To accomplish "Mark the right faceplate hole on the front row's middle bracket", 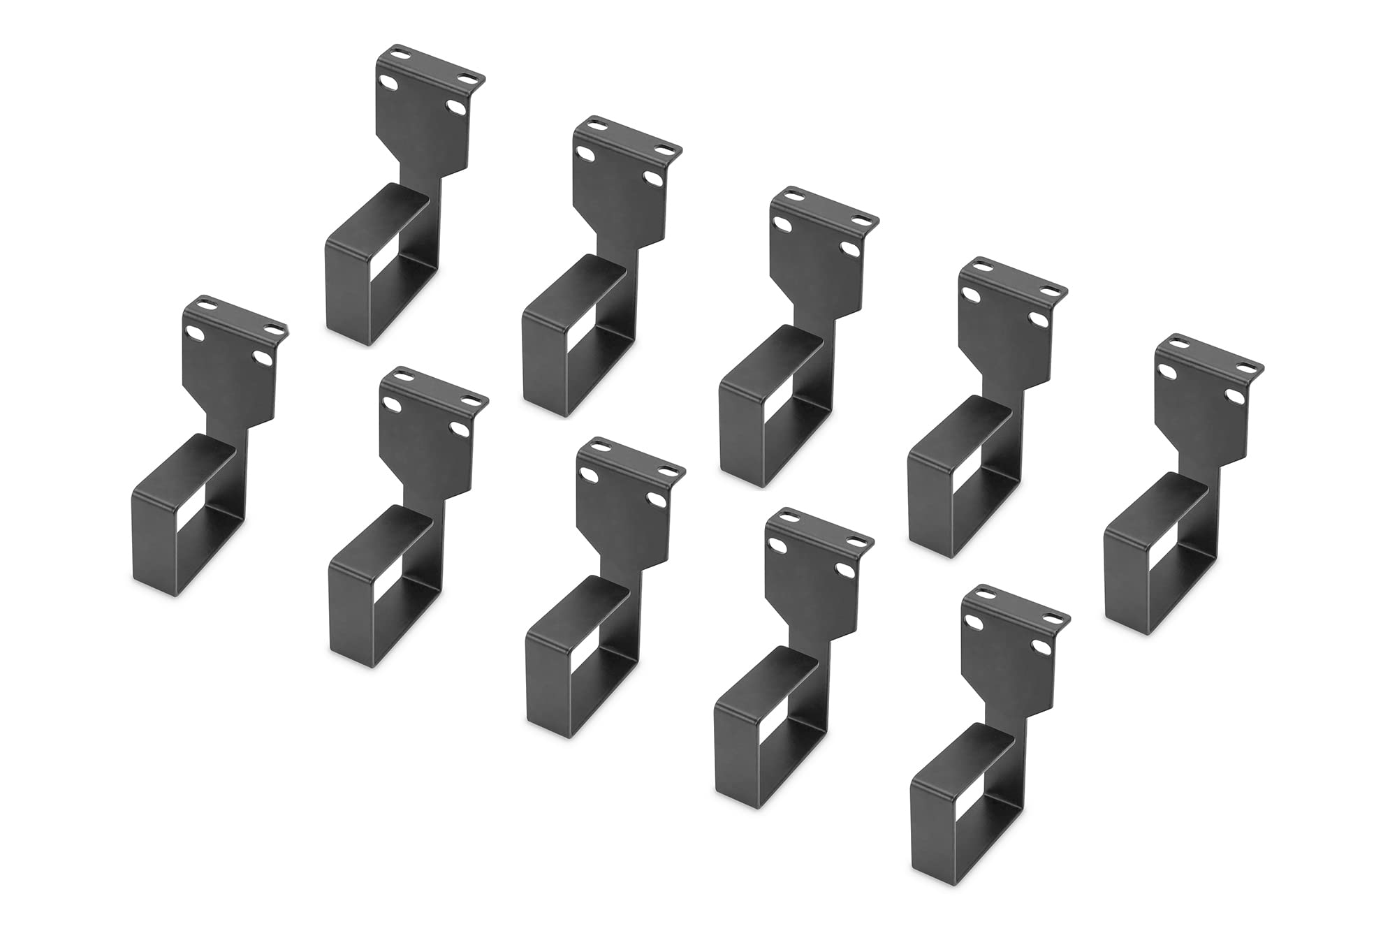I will tap(656, 499).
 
